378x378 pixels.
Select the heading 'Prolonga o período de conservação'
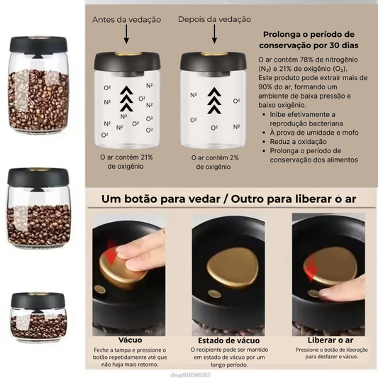[x=308, y=40]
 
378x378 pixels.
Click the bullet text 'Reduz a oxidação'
[x=295, y=141]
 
